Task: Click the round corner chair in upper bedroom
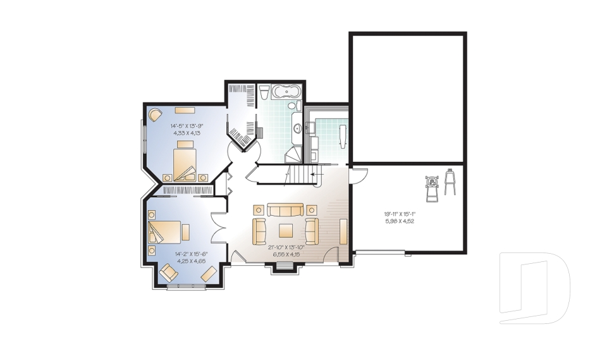click(x=155, y=115)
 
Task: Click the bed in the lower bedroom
click(x=164, y=231)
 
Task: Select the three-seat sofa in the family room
click(x=285, y=209)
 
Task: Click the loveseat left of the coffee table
click(x=259, y=231)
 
